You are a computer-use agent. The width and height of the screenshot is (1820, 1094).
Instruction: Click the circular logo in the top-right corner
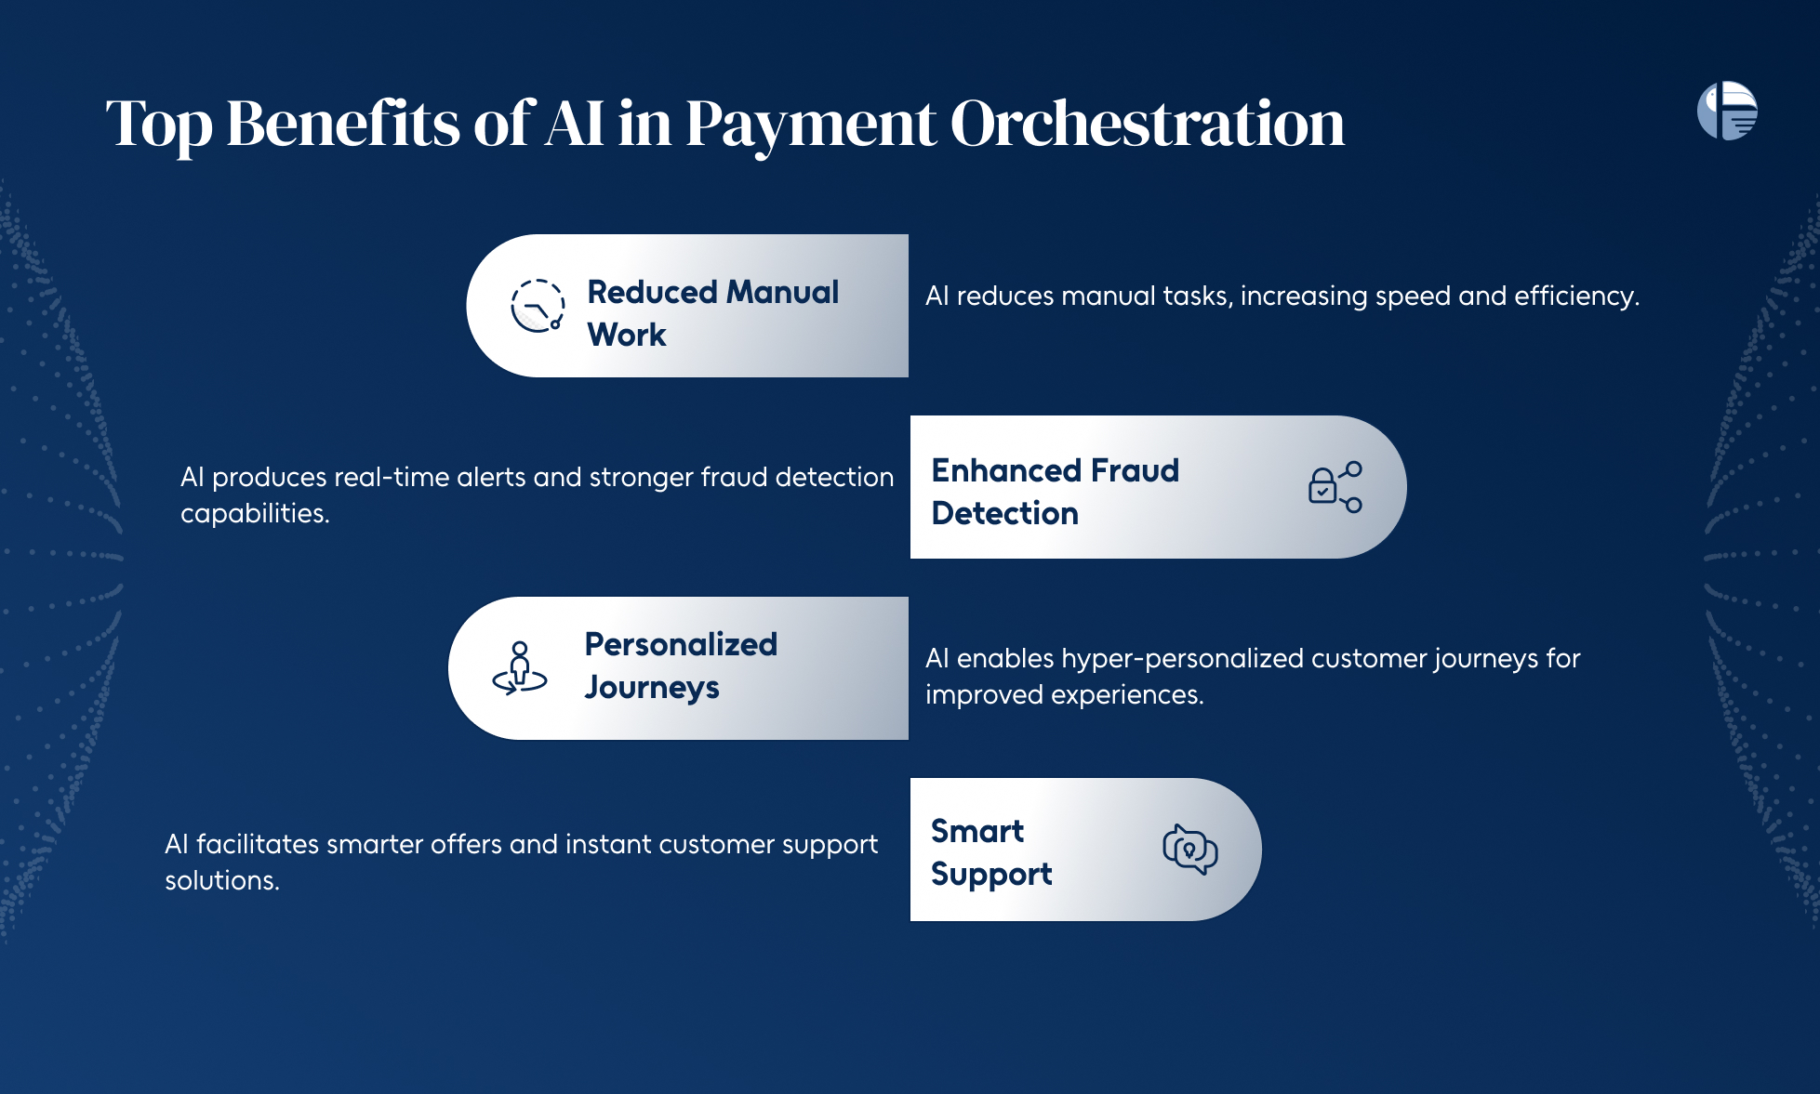point(1727,111)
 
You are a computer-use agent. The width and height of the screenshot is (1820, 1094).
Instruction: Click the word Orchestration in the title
point(1147,124)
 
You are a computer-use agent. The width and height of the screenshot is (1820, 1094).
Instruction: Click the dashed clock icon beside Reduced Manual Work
point(538,306)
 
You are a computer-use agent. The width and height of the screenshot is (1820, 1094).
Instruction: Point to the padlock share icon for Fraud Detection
point(1335,487)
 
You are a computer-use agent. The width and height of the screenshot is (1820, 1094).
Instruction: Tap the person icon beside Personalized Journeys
point(520,668)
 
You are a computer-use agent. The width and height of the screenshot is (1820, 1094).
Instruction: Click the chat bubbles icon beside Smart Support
point(1190,849)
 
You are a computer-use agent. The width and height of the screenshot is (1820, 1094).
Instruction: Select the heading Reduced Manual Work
point(712,313)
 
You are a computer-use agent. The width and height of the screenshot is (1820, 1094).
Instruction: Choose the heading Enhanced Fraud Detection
point(1056,492)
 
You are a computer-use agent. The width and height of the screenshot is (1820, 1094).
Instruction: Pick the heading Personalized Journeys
point(681,666)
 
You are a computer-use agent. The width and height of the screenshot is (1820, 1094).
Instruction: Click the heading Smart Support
point(991,852)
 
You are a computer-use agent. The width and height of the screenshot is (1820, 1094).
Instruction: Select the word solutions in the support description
point(222,880)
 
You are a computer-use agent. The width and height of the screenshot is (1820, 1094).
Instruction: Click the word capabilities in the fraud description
point(255,514)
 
